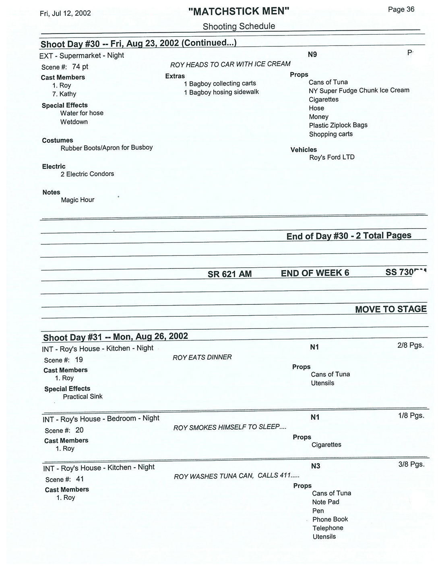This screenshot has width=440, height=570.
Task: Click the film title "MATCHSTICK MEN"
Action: (239, 11)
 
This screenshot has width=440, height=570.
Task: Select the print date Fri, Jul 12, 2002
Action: (65, 13)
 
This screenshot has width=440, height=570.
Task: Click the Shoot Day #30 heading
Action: (138, 43)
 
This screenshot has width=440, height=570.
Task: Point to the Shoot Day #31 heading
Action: (116, 337)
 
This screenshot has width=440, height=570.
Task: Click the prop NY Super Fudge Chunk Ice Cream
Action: (359, 90)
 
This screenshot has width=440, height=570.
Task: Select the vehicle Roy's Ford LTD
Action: (332, 157)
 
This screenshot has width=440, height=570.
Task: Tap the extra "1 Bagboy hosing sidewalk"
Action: (221, 92)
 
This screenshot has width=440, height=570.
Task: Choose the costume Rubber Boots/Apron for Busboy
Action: (106, 148)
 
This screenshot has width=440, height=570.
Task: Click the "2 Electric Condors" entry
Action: (87, 174)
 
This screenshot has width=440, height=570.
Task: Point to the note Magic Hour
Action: (77, 200)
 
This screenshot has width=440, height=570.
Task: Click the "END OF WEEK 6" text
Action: (315, 273)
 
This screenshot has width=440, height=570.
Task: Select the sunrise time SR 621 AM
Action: (229, 274)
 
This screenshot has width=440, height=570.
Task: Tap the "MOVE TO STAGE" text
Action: (390, 309)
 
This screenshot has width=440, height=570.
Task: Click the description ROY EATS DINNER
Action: (202, 358)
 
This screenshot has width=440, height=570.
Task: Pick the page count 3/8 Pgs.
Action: (411, 464)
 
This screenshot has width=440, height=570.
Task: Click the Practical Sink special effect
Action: (83, 397)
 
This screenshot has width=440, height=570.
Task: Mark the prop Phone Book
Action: (330, 519)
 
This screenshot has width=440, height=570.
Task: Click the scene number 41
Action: (80, 479)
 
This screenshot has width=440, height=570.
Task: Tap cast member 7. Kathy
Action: (64, 94)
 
